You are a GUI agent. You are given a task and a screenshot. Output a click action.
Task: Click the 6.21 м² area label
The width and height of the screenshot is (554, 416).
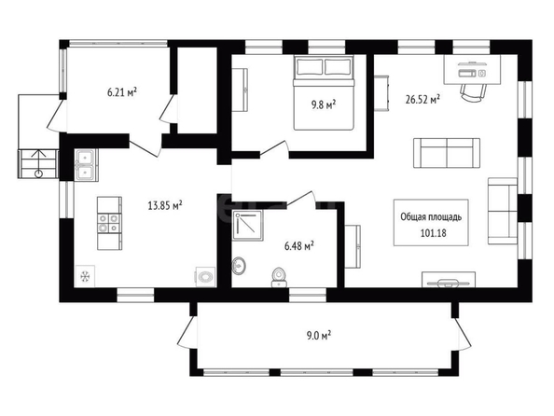coord(122,93)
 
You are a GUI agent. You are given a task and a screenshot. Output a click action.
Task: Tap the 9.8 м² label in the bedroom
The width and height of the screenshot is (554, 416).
coord(323,104)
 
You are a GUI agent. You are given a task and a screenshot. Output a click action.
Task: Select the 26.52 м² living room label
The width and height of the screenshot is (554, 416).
coord(422,99)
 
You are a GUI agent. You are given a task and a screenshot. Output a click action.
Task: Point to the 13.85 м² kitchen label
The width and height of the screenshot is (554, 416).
coord(165,205)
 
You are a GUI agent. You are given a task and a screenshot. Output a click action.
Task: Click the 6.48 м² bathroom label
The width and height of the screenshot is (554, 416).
coord(299,245)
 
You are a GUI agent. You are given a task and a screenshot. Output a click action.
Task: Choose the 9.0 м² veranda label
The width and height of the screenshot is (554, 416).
coord(319,335)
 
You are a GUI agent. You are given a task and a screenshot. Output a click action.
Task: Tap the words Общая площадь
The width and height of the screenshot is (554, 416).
coord(431,217)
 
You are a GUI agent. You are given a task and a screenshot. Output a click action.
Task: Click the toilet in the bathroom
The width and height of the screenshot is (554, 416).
coord(279,277)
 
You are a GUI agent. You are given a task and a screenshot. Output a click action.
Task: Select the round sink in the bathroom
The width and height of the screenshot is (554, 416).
coord(239,266)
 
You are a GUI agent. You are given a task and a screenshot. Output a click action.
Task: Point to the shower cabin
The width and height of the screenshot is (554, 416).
coord(247,226)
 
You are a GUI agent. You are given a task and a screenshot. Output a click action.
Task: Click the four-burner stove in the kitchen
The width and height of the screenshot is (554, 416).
coord(109,223)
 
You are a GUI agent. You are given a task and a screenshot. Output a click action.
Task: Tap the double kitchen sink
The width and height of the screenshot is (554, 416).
coord(86,165)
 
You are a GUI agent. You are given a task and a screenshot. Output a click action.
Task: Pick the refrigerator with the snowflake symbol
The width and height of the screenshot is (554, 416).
coord(85,276)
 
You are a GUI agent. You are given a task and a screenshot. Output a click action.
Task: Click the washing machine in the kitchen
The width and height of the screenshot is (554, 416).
coord(205,276)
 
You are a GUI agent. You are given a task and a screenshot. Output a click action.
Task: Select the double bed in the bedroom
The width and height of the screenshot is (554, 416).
coord(324,92)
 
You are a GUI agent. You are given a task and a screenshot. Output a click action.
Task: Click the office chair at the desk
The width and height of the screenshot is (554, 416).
coord(473,93)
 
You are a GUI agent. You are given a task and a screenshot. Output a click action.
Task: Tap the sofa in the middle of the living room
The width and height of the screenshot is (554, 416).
coord(447,153)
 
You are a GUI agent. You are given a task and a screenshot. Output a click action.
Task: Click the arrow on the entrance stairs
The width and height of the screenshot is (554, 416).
coord(38,163)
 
